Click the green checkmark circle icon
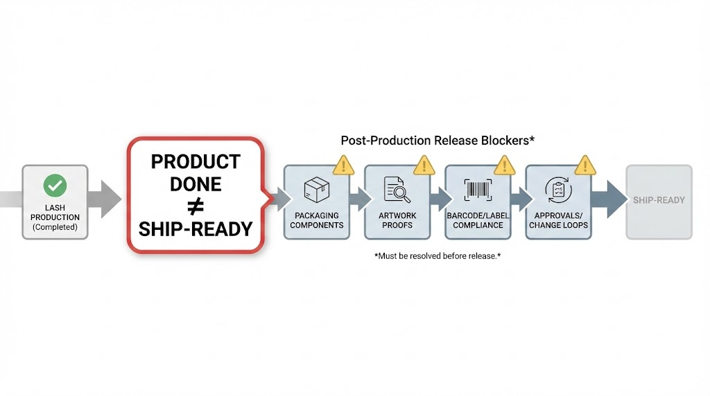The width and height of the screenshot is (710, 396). pyautogui.click(x=55, y=186)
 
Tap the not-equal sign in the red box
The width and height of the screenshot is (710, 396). pyautogui.click(x=195, y=206)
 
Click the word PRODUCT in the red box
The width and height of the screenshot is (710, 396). pyautogui.click(x=196, y=162)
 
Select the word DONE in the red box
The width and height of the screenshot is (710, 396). pyautogui.click(x=196, y=184)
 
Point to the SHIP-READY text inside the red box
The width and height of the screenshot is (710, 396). pyautogui.click(x=196, y=229)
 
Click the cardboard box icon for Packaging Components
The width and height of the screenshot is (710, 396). pyautogui.click(x=316, y=190)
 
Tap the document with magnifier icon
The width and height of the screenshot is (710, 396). pyautogui.click(x=397, y=190)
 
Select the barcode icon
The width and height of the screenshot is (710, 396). pyautogui.click(x=478, y=190)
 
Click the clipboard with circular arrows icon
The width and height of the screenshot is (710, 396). pyautogui.click(x=558, y=190)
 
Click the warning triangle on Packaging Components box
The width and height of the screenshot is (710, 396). pyautogui.click(x=343, y=165)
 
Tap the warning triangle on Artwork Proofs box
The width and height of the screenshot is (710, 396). pyautogui.click(x=424, y=165)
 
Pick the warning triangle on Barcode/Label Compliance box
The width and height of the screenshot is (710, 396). pyautogui.click(x=505, y=165)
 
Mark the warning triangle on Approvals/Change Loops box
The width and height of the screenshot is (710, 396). pyautogui.click(x=585, y=165)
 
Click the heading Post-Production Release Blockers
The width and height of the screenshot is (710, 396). pyautogui.click(x=437, y=141)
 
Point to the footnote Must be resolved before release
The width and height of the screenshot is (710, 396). pyautogui.click(x=437, y=256)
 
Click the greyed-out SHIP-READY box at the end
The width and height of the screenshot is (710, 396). pyautogui.click(x=659, y=201)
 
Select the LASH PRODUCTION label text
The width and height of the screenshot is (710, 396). pyautogui.click(x=55, y=213)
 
